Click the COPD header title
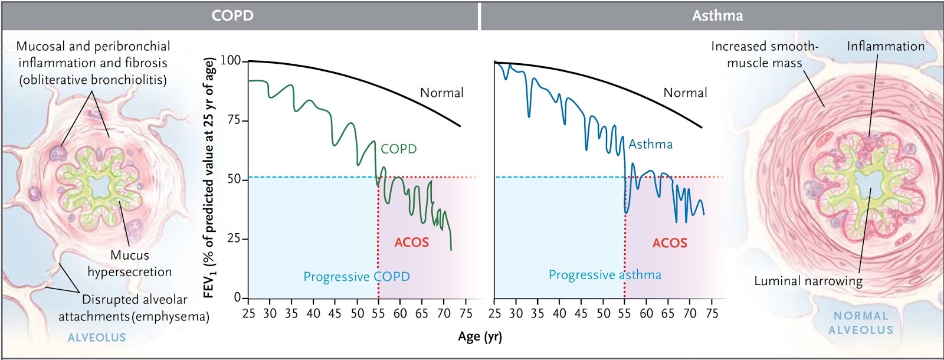pyautogui.click(x=232, y=15)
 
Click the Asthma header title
pyautogui.click(x=717, y=15)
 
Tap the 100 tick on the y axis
pyautogui.click(x=230, y=61)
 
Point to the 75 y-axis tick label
pyautogui.click(x=234, y=120)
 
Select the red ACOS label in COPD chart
pyautogui.click(x=411, y=243)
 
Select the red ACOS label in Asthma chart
pyautogui.click(x=670, y=243)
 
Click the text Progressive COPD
pyautogui.click(x=356, y=277)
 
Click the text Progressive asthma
pyautogui.click(x=605, y=275)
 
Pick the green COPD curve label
pyautogui.click(x=398, y=149)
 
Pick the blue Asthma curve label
pyautogui.click(x=650, y=145)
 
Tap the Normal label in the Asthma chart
pyautogui.click(x=685, y=93)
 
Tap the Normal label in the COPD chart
pyautogui.click(x=441, y=93)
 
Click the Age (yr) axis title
pyautogui.click(x=480, y=337)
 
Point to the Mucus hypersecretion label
pyautogui.click(x=130, y=264)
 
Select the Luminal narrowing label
pyautogui.click(x=808, y=281)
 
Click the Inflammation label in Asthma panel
pyautogui.click(x=885, y=47)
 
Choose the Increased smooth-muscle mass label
pyautogui.click(x=764, y=54)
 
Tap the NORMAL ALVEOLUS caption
pyautogui.click(x=861, y=323)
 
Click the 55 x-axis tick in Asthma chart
pyautogui.click(x=624, y=313)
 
